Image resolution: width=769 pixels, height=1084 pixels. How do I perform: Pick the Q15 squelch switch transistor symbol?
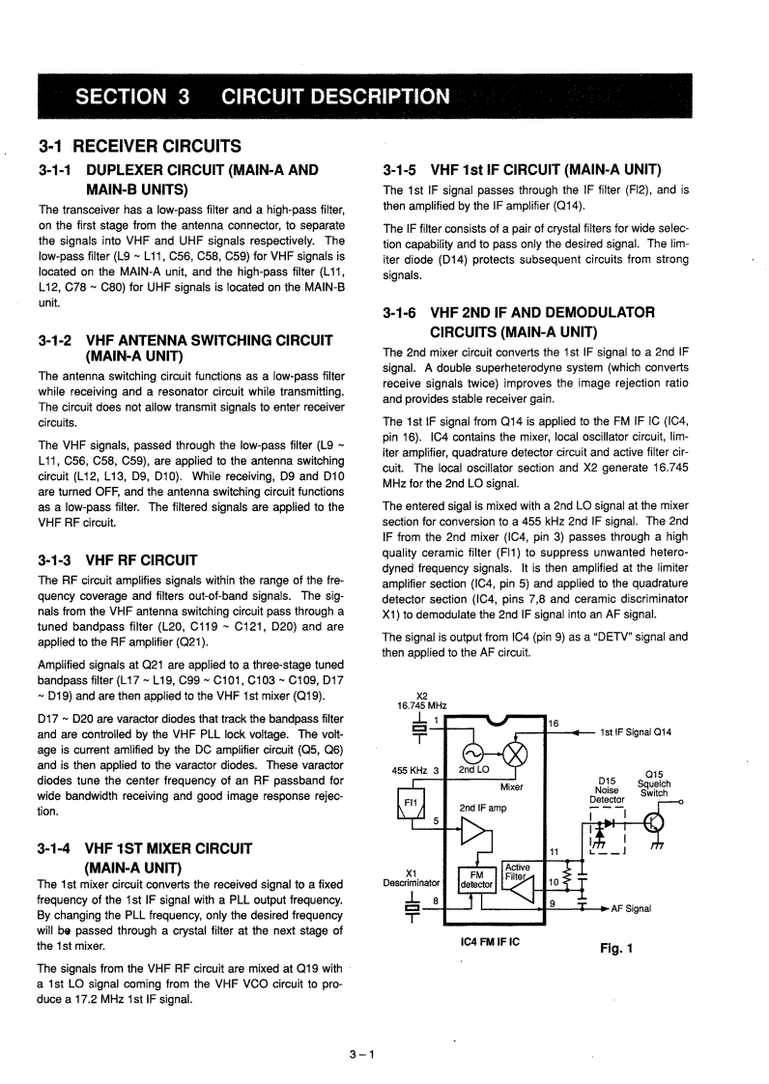tap(654, 822)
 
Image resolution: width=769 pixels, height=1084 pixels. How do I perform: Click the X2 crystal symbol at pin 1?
tap(418, 729)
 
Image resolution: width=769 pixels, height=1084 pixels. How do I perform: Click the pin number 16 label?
tap(554, 723)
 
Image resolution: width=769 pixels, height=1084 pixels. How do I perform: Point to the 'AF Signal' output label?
tap(631, 908)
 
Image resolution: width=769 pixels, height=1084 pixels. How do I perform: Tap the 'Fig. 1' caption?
tap(615, 948)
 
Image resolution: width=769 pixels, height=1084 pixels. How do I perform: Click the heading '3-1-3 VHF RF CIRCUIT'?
tap(118, 559)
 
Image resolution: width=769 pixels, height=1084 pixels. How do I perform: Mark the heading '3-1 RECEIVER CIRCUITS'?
tap(139, 147)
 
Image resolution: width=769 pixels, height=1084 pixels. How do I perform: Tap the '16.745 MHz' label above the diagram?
tap(421, 705)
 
